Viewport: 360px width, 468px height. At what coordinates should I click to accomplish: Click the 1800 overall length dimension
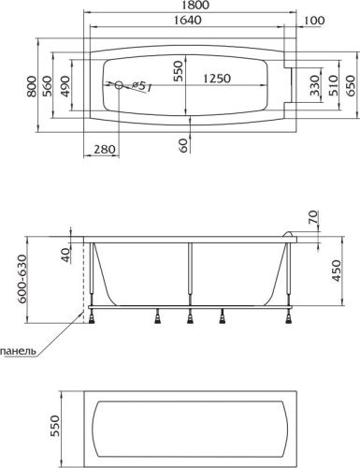tap(196, 5)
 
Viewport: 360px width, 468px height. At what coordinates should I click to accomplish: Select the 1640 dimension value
tap(187, 20)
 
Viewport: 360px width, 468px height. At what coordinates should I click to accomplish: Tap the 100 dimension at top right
tap(314, 21)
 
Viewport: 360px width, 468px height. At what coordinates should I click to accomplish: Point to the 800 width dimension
tap(31, 86)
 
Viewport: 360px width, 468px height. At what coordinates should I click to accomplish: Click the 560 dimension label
tap(47, 86)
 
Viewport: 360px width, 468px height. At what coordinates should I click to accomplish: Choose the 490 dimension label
tap(65, 86)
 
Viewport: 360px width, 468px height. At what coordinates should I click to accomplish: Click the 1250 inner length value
tap(217, 79)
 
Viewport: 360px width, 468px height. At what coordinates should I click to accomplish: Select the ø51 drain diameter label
tap(142, 86)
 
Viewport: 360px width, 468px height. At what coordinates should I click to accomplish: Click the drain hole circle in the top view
tap(119, 85)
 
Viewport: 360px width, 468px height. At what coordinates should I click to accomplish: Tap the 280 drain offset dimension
tap(105, 149)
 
